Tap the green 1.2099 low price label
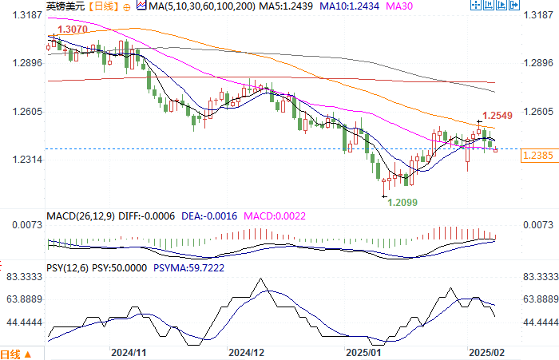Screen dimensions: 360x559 (x=402, y=202)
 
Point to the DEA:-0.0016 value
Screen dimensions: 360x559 (x=205, y=216)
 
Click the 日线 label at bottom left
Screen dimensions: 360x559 (x=10, y=354)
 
